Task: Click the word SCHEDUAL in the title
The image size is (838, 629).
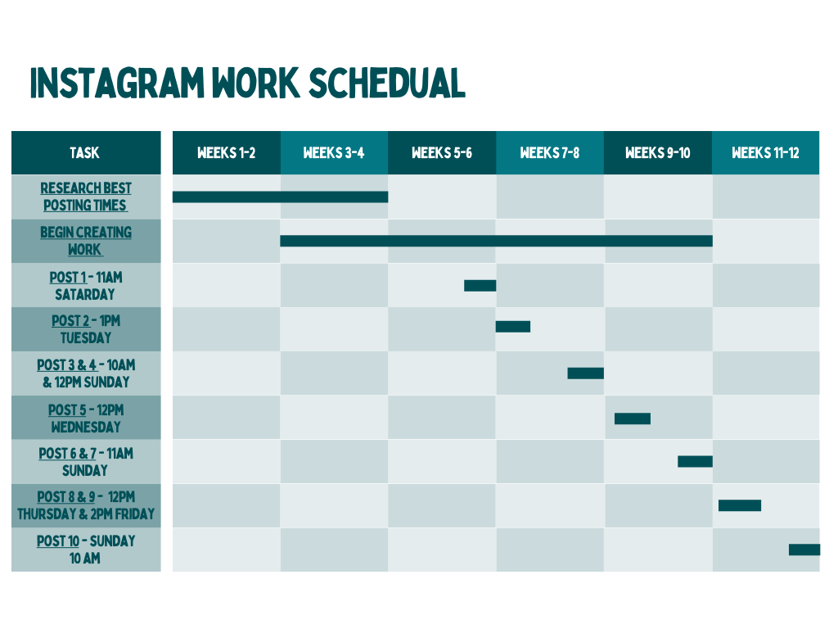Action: point(387,83)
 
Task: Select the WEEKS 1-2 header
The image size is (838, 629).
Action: point(227,153)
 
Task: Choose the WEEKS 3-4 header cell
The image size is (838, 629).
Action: point(335,153)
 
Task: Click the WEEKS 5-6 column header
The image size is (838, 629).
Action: point(443,153)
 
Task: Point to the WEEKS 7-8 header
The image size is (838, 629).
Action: point(551,153)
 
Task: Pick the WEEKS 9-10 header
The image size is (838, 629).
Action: point(659,153)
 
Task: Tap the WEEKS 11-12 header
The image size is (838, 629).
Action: point(766,153)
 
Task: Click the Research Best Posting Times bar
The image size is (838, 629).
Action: point(281,197)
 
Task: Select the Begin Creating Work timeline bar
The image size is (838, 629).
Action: point(497,241)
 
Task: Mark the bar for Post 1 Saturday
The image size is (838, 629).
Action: point(480,286)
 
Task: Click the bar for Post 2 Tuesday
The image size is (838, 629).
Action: point(513,326)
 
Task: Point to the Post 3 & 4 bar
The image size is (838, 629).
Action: point(586,373)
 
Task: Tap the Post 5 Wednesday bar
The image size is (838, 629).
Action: point(633,419)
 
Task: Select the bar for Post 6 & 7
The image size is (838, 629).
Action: point(696,461)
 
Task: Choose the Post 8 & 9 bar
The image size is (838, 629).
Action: point(740,505)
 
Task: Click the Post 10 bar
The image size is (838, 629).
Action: point(804,550)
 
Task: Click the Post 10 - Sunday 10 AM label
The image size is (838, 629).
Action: point(85,550)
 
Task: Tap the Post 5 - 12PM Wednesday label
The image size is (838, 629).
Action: point(85,419)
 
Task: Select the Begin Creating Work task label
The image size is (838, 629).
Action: point(85,241)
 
